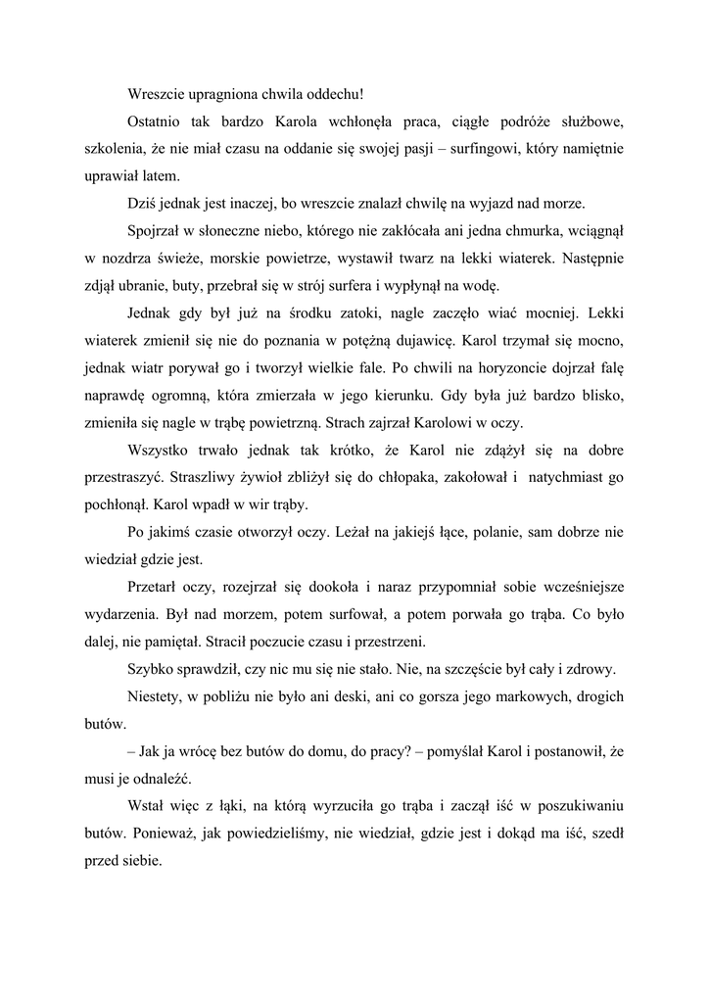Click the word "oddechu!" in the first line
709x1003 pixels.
tap(332, 94)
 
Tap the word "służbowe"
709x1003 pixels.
tap(587, 122)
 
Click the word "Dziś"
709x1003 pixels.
tap(143, 205)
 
